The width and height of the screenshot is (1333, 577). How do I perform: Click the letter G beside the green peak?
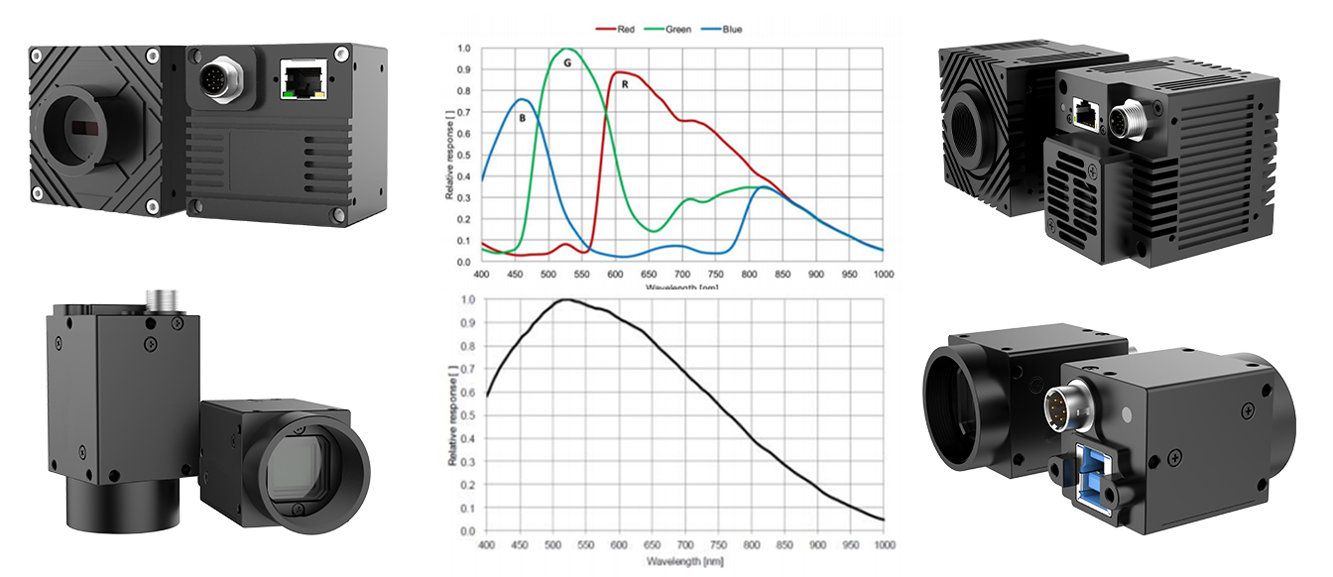click(x=566, y=62)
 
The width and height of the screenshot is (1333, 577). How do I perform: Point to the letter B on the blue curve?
click(x=522, y=118)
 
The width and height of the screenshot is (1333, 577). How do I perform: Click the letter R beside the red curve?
click(x=625, y=85)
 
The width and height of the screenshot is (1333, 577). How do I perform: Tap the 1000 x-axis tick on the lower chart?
click(x=883, y=545)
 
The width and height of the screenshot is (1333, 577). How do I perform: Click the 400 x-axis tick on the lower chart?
click(x=486, y=545)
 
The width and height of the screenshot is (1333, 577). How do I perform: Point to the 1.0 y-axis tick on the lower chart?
click(x=467, y=298)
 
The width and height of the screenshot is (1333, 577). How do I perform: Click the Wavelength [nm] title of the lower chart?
click(x=685, y=562)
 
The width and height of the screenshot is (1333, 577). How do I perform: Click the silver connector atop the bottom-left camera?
click(x=159, y=296)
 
